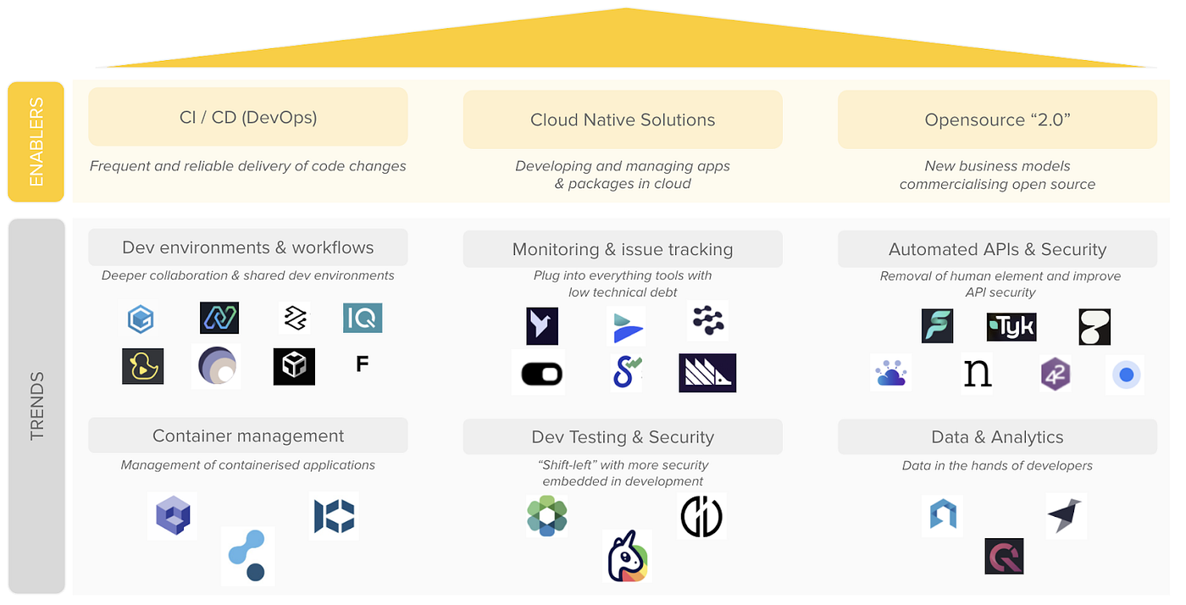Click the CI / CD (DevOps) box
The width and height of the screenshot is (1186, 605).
tap(247, 117)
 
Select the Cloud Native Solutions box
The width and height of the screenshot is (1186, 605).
tap(622, 119)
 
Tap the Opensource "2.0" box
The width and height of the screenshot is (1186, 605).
tap(997, 119)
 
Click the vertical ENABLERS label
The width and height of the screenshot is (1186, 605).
tap(36, 142)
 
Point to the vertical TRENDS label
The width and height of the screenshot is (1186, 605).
tap(36, 406)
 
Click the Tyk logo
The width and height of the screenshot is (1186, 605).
tap(1011, 326)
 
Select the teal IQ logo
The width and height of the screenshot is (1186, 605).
tap(363, 318)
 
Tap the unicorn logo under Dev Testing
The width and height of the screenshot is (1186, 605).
tap(628, 556)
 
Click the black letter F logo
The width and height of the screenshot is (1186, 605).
tap(362, 365)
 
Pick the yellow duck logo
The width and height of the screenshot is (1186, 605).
tap(142, 366)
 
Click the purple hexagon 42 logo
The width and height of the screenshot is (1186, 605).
tap(1055, 374)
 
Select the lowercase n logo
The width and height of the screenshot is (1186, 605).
tap(977, 374)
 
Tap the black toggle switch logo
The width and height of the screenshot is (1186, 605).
tap(538, 373)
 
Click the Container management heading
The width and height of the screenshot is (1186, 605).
tap(247, 436)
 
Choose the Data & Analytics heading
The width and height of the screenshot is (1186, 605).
tap(997, 437)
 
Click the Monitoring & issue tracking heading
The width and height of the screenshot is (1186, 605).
tap(622, 249)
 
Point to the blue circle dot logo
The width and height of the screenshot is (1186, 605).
tap(1125, 375)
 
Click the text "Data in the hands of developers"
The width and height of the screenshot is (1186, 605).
tap(997, 465)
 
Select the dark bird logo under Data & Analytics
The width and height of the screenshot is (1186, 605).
tap(1066, 515)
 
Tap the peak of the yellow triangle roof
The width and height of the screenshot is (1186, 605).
tap(625, 10)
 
